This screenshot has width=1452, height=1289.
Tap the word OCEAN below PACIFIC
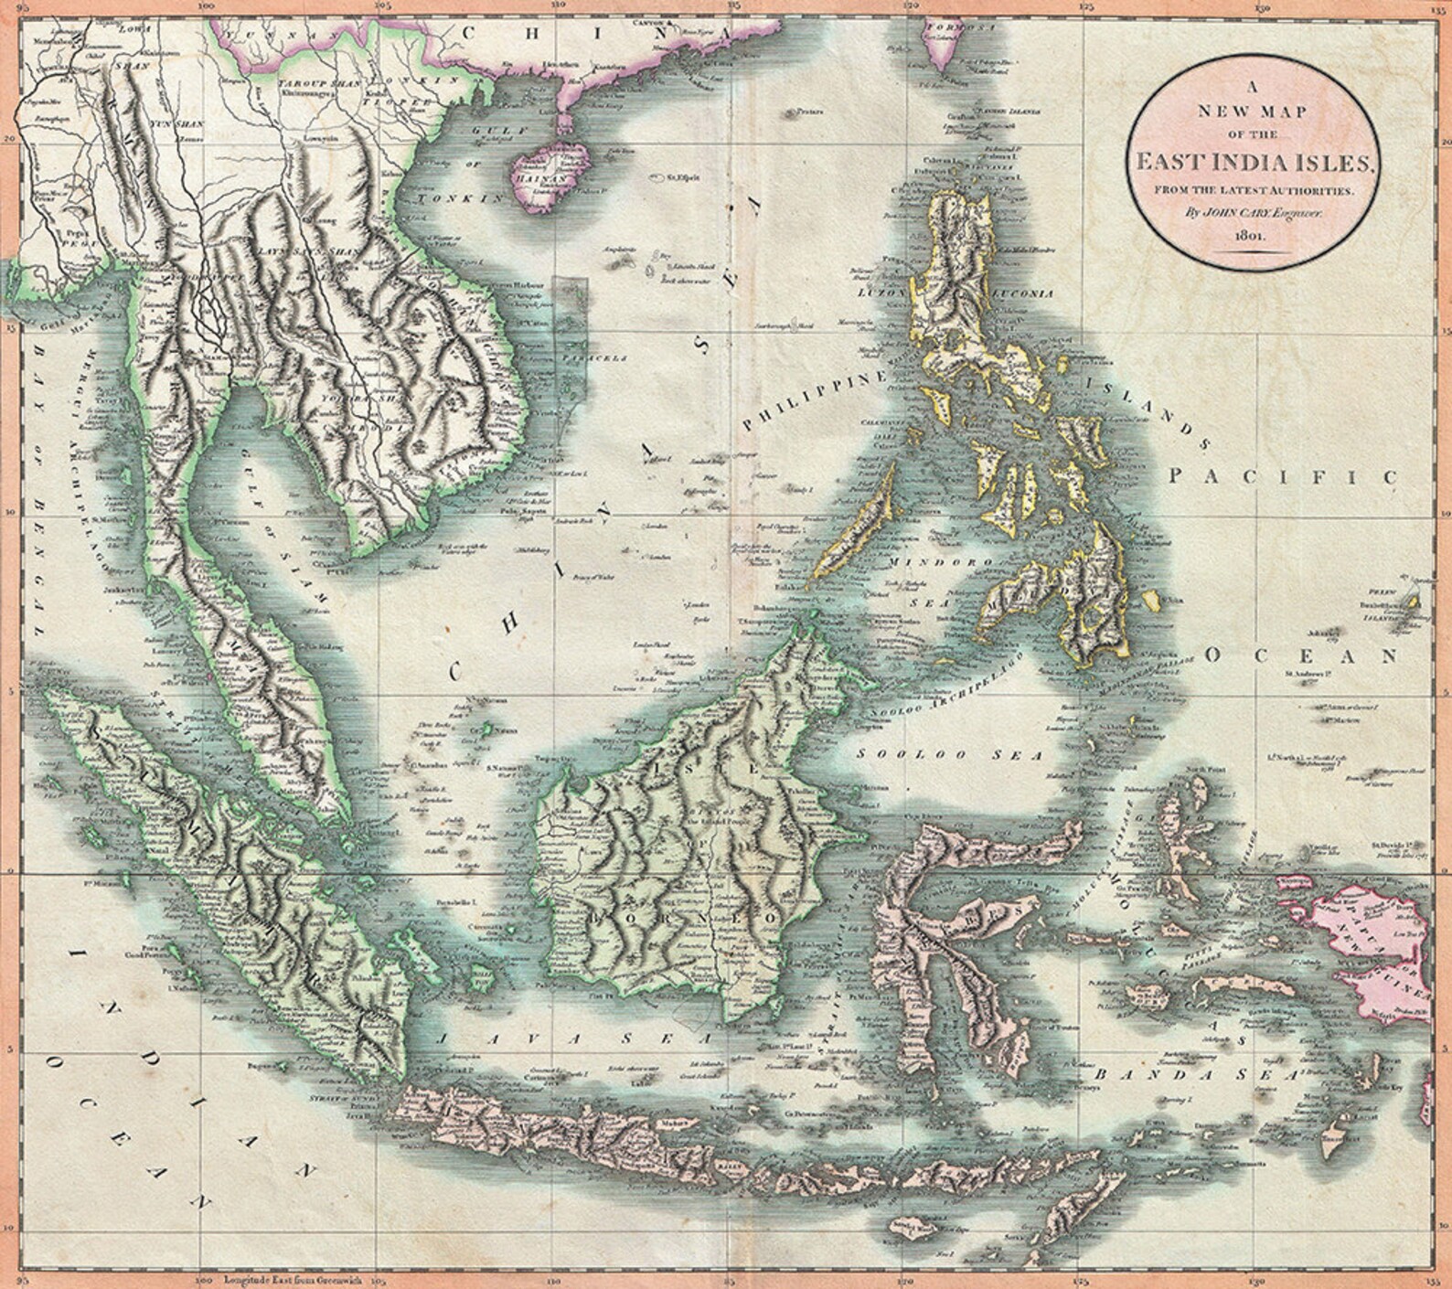[x=1302, y=655]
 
